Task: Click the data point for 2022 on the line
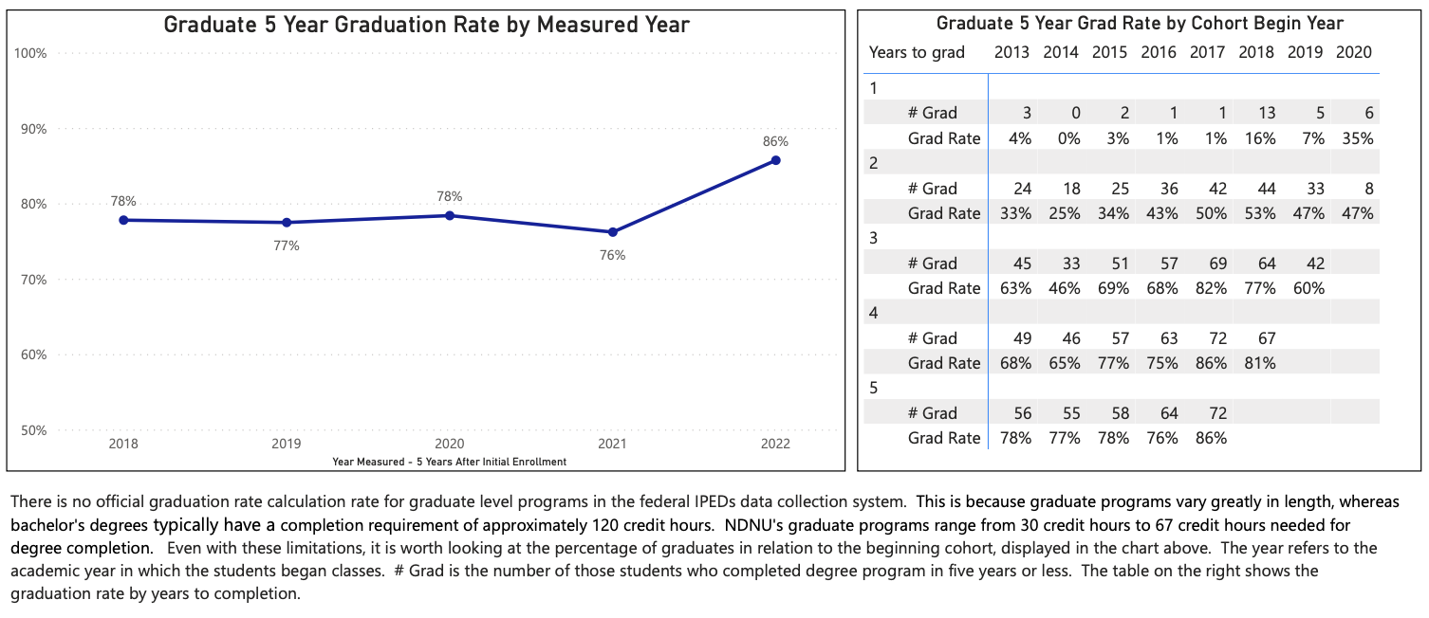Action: [775, 160]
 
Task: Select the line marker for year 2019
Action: [287, 223]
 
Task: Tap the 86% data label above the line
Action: [775, 141]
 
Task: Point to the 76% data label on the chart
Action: [612, 255]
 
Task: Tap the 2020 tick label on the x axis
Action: [449, 444]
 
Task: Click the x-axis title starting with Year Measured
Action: [449, 462]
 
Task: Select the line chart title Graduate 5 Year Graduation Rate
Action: [426, 25]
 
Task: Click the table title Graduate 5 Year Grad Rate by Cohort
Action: [1140, 24]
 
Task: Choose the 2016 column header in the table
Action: [1159, 53]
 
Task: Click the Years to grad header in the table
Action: [917, 53]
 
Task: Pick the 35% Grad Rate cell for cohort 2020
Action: [1354, 138]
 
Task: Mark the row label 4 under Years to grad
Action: [874, 313]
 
